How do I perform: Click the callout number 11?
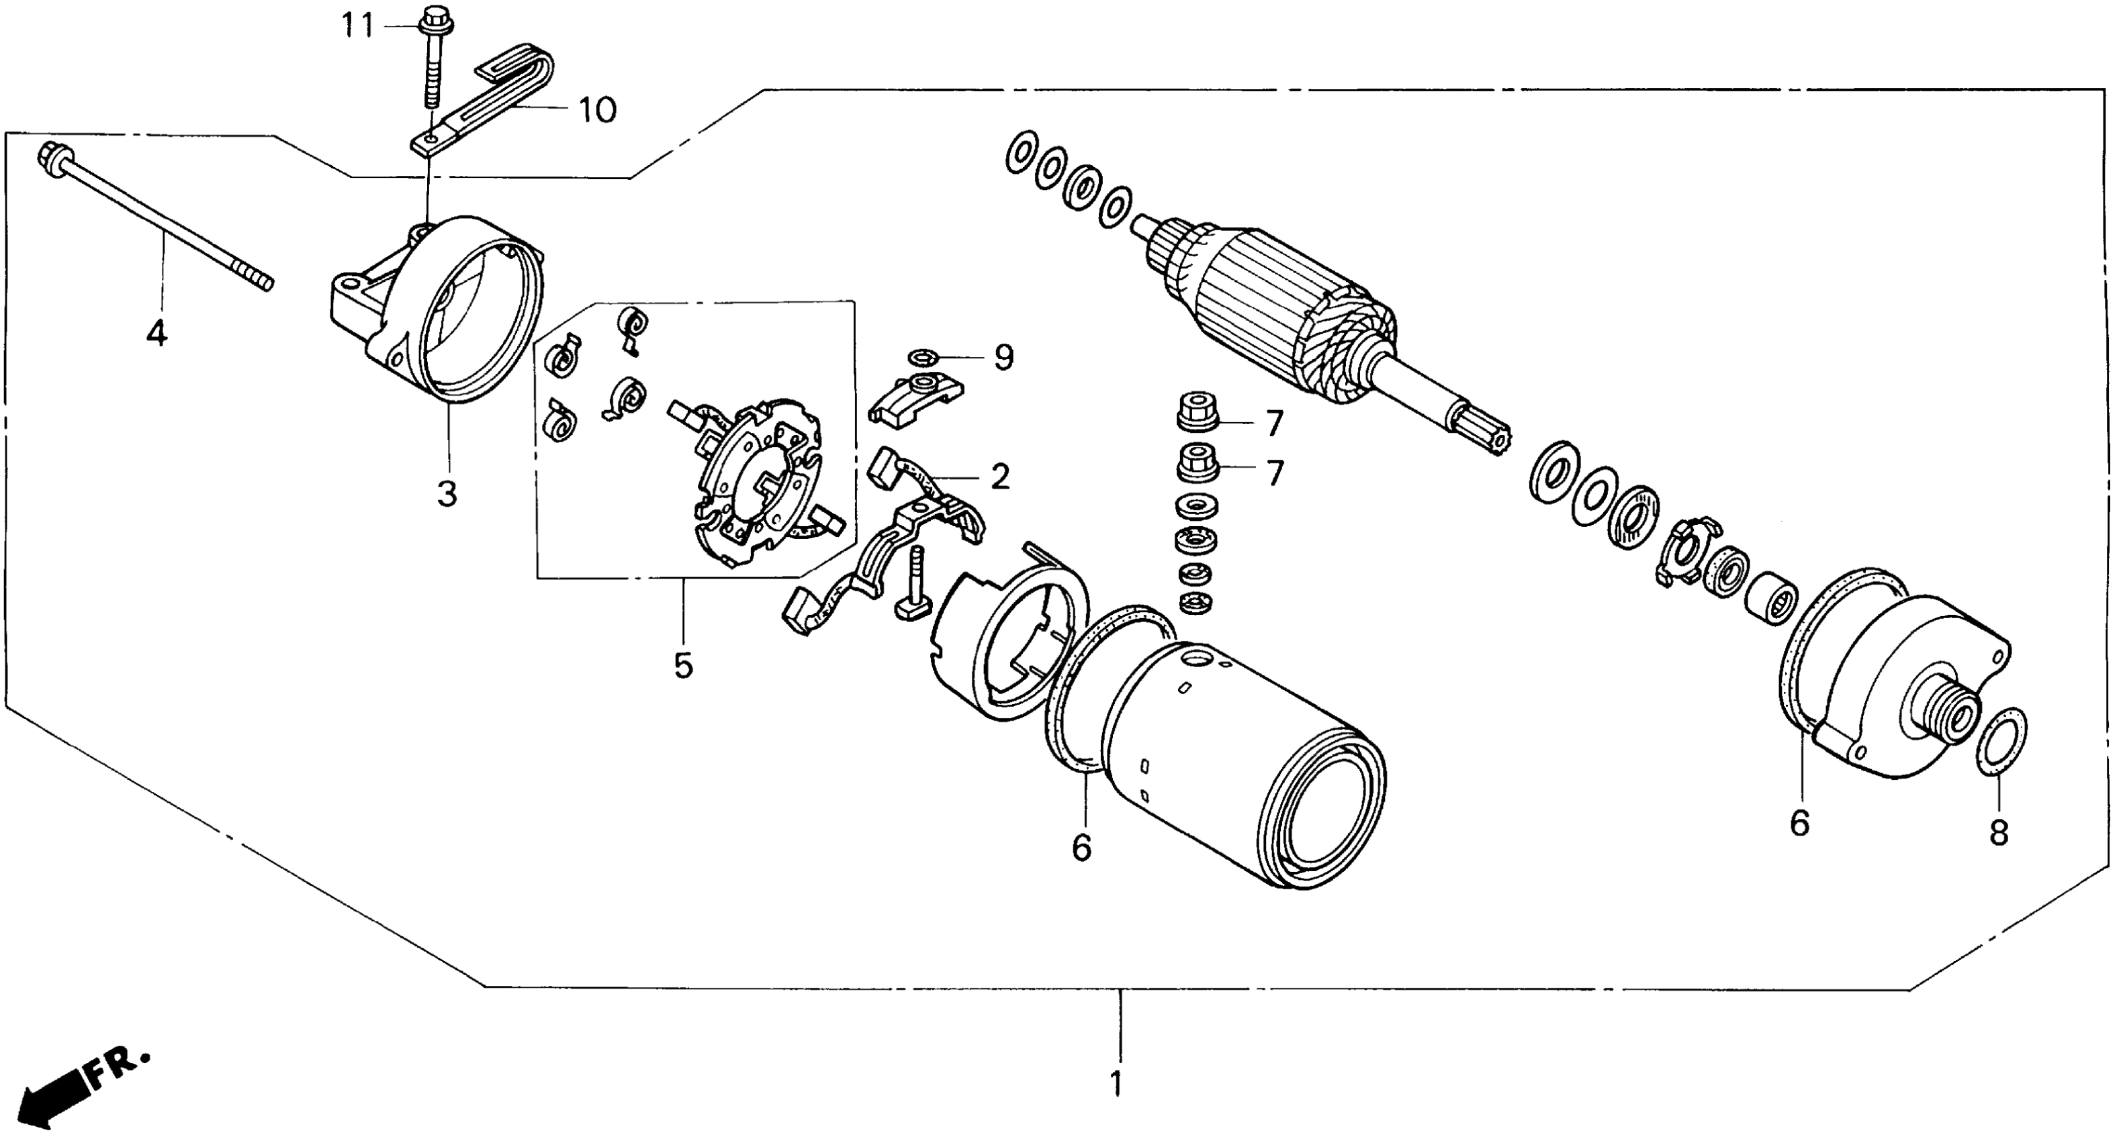358,26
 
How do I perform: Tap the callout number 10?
596,109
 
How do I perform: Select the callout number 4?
156,333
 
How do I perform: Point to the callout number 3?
447,493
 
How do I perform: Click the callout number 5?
683,665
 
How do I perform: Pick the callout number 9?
1003,358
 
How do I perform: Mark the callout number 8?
1999,832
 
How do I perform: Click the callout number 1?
1117,1083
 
